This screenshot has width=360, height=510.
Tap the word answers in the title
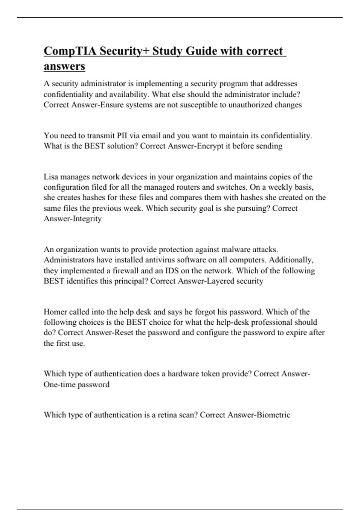coord(64,66)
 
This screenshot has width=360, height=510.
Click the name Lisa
coord(51,177)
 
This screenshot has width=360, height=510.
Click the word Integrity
coord(87,219)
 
